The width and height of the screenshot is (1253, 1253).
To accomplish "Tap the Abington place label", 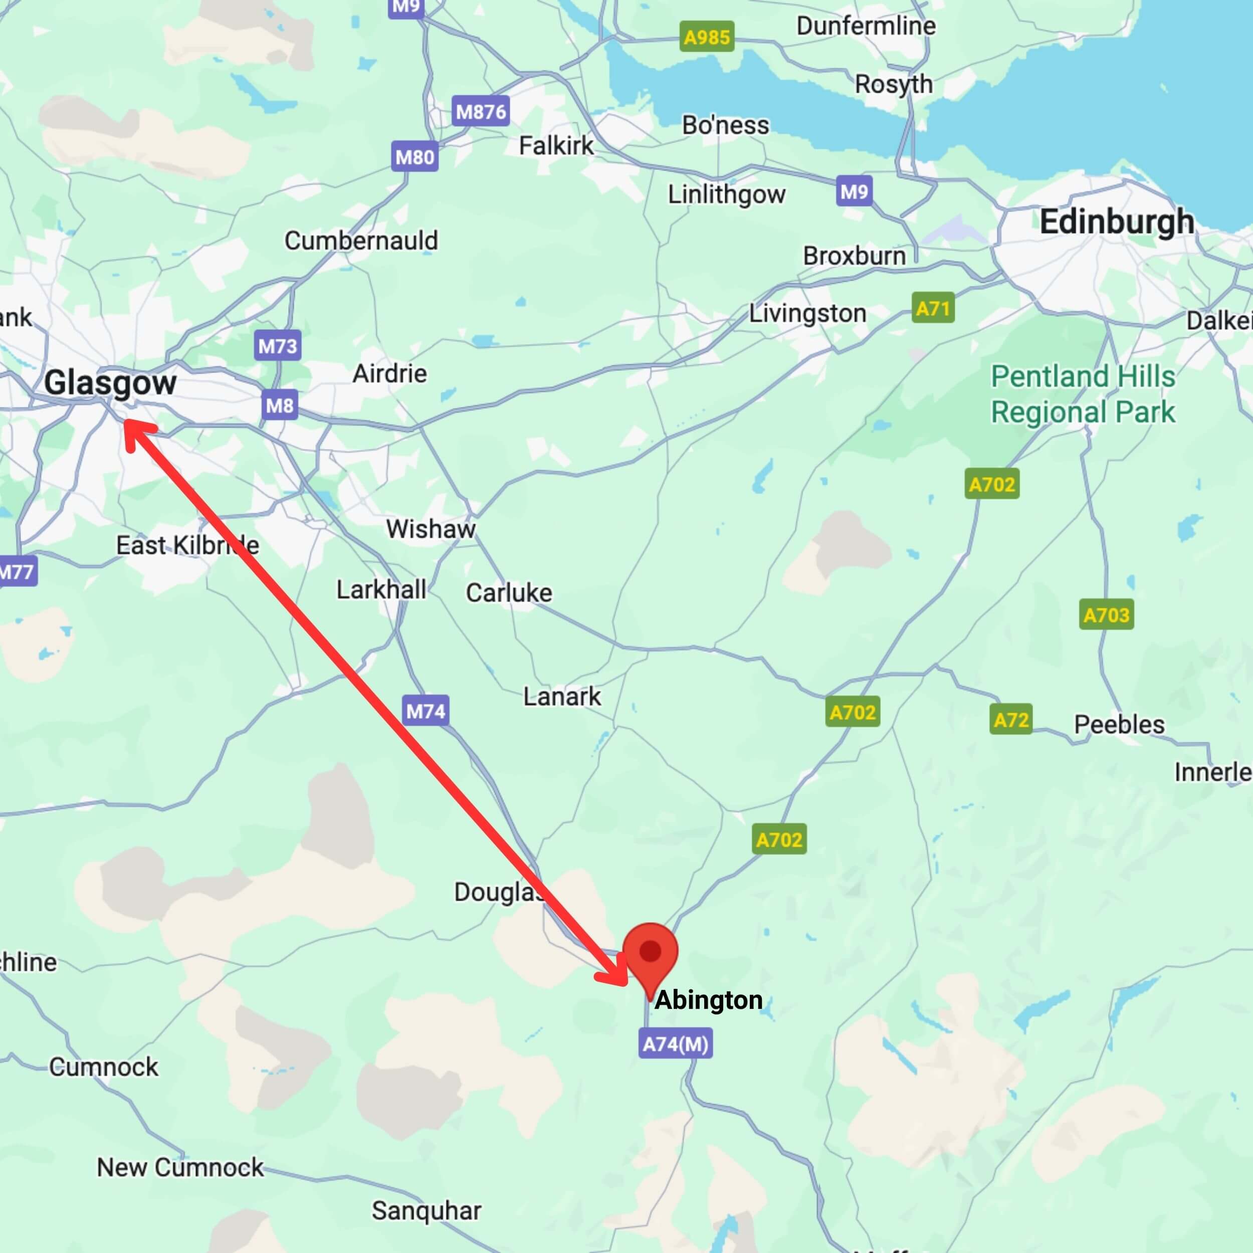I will point(708,1000).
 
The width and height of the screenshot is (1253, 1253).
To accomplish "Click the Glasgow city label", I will point(110,382).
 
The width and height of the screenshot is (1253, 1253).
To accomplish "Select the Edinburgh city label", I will point(1117,222).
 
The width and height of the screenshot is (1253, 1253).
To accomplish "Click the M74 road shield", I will point(426,711).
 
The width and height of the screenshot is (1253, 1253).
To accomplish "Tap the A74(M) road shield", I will point(675,1044).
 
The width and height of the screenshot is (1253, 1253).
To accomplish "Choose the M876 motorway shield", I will point(481,112).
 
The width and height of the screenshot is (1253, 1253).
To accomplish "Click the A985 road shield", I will point(707,37).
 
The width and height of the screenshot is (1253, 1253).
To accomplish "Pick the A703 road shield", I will point(1107,614).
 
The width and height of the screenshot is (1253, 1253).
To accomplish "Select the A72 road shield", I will point(1010,720).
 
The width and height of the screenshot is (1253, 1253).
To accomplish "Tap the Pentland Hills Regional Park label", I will point(1083,393).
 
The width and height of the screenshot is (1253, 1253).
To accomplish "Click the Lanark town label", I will point(562,697).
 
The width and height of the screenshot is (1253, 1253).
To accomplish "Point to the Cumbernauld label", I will point(361,241).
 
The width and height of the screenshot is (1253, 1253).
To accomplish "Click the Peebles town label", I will point(1119,724).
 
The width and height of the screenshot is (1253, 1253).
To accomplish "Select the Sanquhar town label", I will point(426,1210).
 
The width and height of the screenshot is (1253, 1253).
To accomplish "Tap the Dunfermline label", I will point(866,26).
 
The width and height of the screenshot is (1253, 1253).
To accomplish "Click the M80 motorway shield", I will point(414,157).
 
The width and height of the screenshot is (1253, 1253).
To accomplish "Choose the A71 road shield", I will point(933,308).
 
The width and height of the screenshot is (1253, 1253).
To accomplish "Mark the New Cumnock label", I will point(180,1167).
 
